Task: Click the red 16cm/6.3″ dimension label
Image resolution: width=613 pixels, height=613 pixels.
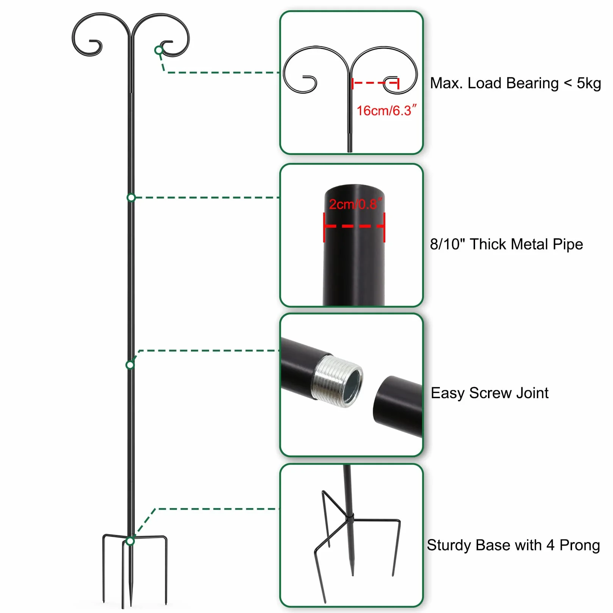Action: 386,110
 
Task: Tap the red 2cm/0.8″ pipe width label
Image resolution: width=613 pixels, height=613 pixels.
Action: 355,204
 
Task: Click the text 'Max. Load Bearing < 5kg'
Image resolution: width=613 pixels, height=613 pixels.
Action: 515,83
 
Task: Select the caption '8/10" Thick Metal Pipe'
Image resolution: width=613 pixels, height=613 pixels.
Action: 506,244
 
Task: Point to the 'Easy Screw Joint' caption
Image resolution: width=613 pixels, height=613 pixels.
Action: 489,393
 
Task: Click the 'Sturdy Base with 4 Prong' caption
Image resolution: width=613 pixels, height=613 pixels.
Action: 513,545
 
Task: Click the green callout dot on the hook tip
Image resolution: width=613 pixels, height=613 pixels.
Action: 159,50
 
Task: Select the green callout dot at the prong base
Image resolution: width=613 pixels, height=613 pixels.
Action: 130,541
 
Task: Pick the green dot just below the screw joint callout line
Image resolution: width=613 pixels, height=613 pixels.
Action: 130,365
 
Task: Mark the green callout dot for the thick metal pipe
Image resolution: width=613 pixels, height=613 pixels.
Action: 131,197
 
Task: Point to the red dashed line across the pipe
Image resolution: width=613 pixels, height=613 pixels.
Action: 354,226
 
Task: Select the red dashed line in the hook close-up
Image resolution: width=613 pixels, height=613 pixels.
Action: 375,83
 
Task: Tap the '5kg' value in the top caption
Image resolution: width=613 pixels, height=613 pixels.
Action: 589,83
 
